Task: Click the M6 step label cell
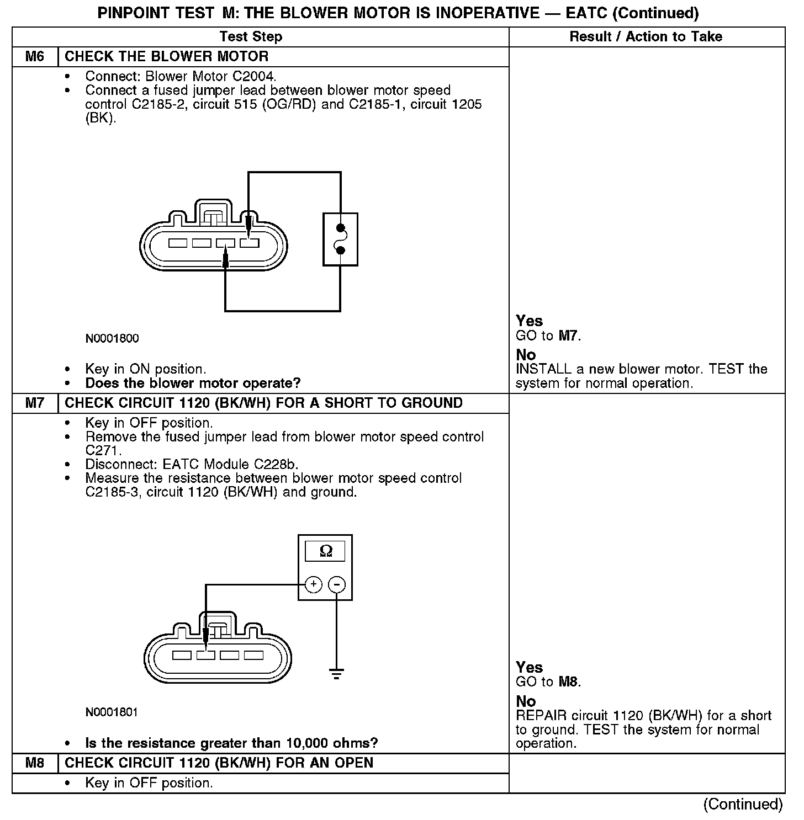[x=35, y=57]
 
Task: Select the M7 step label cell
[x=35, y=403]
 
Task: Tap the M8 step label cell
[x=35, y=763]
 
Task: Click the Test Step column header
[x=251, y=37]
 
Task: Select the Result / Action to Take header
[x=646, y=37]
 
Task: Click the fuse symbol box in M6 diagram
[x=340, y=239]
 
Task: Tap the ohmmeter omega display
[x=325, y=551]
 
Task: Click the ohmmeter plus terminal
[x=313, y=584]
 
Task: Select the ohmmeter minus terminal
[x=337, y=584]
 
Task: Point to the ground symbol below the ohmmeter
[x=336, y=673]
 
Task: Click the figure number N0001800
[x=112, y=339]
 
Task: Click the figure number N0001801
[x=112, y=712]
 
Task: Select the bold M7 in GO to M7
[x=569, y=336]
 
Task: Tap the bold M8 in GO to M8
[x=569, y=682]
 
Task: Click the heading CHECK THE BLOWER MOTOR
[x=167, y=57]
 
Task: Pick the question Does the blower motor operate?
[x=193, y=384]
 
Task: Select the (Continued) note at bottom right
[x=743, y=805]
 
